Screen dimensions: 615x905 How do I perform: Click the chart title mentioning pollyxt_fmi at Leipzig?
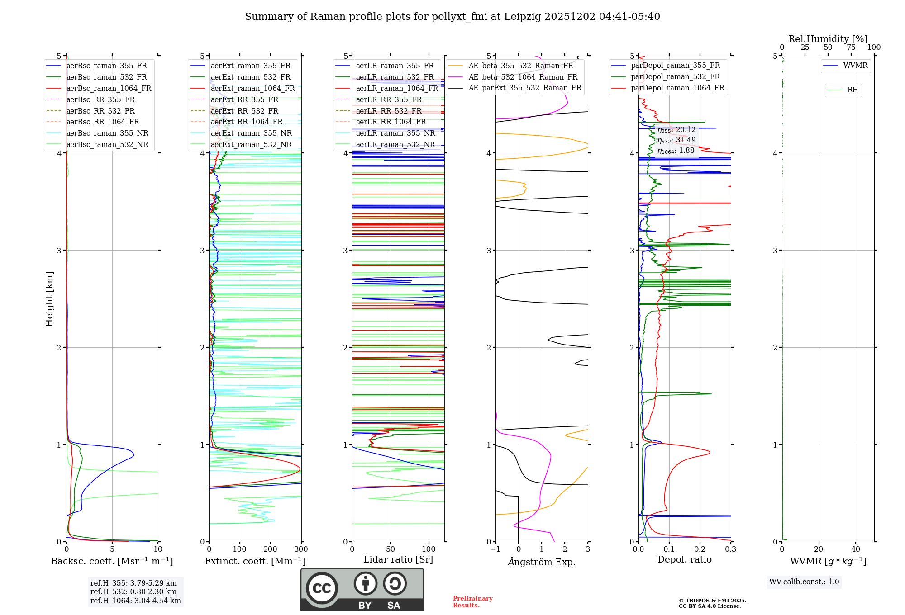pyautogui.click(x=452, y=17)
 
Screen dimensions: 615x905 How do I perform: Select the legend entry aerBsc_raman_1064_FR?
pyautogui.click(x=109, y=88)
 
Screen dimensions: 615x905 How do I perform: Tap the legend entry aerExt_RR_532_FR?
pyautogui.click(x=244, y=111)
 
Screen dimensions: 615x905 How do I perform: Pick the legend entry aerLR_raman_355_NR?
pyautogui.click(x=395, y=133)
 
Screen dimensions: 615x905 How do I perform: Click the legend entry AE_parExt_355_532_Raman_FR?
pyautogui.click(x=524, y=88)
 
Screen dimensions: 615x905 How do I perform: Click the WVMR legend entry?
pyautogui.click(x=855, y=66)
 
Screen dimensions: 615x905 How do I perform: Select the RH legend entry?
pyautogui.click(x=853, y=90)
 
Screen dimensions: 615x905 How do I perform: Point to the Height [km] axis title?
pyautogui.click(x=49, y=298)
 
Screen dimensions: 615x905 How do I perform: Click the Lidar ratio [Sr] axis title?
pyautogui.click(x=398, y=559)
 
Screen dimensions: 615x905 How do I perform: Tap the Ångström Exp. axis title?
pyautogui.click(x=541, y=562)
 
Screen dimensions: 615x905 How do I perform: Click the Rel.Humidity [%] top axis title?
pyautogui.click(x=828, y=39)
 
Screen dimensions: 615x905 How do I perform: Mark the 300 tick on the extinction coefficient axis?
pyautogui.click(x=301, y=549)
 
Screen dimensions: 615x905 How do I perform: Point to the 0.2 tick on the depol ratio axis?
pyautogui.click(x=700, y=549)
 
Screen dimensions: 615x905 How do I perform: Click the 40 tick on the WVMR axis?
pyautogui.click(x=855, y=549)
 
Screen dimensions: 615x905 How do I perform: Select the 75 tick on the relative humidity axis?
pyautogui.click(x=851, y=47)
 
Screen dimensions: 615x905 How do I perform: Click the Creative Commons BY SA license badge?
pyautogui.click(x=362, y=590)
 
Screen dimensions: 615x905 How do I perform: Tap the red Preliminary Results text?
pyautogui.click(x=472, y=602)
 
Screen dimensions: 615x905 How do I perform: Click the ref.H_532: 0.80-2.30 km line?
pyautogui.click(x=133, y=591)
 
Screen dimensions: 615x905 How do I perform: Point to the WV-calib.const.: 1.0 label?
pyautogui.click(x=804, y=582)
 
